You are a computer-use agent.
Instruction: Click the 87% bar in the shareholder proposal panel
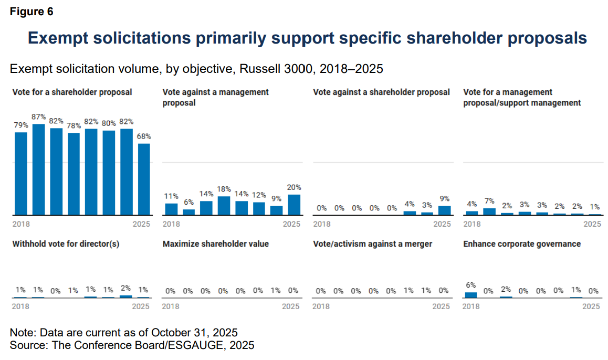38,170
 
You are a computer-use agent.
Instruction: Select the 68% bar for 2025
144,179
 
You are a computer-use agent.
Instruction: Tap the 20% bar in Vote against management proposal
294,205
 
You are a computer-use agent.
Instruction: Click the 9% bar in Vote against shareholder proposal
444,210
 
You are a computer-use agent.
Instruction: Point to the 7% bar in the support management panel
489,212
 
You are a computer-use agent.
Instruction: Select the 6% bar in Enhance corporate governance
471,295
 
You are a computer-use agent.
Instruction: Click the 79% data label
21,125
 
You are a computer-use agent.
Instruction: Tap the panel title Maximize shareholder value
215,244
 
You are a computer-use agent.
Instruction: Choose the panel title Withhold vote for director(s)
66,244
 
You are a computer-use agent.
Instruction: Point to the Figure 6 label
32,12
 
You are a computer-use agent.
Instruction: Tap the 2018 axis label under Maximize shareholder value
171,306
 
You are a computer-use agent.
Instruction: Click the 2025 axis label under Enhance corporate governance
592,306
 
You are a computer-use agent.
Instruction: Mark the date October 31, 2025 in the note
194,333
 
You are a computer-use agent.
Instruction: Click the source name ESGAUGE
199,345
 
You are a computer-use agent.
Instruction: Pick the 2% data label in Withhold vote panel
126,289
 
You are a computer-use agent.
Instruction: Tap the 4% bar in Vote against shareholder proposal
410,213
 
